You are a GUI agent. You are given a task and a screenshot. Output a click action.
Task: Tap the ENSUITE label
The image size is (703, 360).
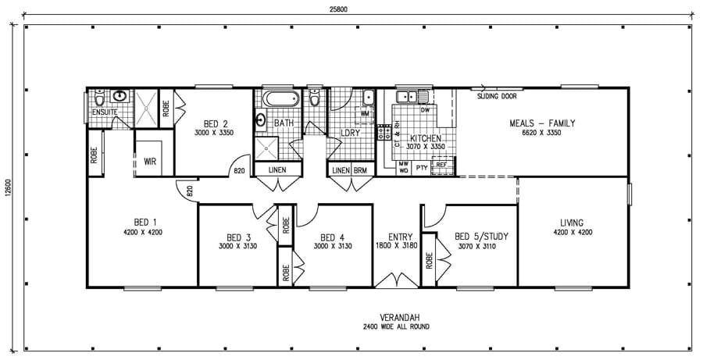tap(104, 112)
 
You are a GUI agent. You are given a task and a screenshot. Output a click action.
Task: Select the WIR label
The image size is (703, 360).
tap(151, 162)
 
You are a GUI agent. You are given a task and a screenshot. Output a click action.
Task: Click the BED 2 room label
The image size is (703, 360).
tap(215, 123)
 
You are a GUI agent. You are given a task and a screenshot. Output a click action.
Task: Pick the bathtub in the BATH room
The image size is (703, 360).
tap(279, 100)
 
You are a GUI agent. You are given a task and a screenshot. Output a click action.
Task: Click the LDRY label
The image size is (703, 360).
tap(350, 133)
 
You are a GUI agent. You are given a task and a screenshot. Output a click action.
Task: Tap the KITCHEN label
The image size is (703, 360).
tap(426, 137)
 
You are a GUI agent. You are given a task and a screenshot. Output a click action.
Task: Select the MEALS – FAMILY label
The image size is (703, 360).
tap(542, 123)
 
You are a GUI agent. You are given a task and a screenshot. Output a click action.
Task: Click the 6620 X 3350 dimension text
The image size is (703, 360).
tap(542, 134)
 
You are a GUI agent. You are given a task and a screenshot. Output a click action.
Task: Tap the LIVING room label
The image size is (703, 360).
tap(573, 222)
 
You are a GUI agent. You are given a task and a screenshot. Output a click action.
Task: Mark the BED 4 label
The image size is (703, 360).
tap(332, 237)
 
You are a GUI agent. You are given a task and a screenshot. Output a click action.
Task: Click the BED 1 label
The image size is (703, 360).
tap(142, 222)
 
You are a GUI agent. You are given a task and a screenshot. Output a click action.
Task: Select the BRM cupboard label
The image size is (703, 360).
tap(360, 170)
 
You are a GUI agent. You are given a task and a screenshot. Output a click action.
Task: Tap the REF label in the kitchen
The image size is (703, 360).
tap(441, 165)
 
